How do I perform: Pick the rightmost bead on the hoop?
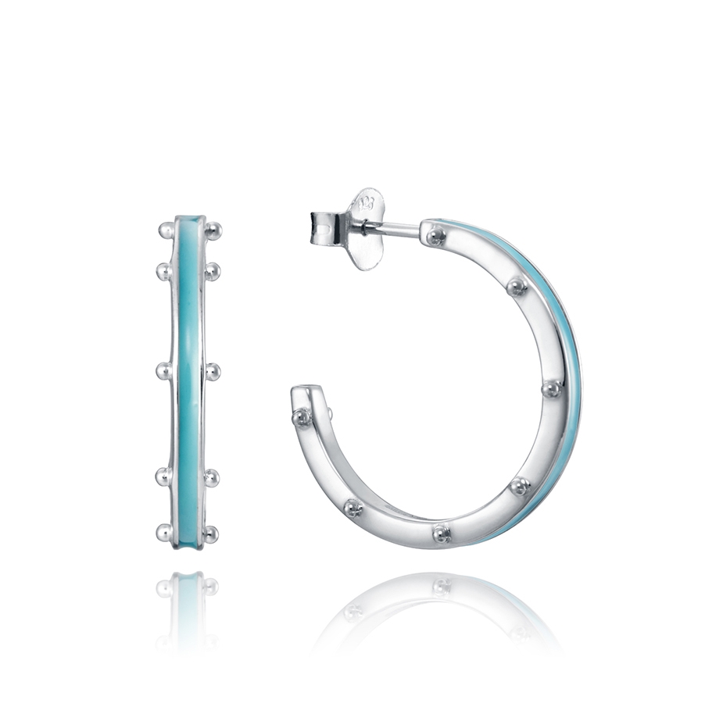click(552, 387)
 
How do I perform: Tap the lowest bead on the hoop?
click(441, 534)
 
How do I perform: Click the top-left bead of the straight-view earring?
click(166, 230)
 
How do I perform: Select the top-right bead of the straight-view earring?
click(213, 230)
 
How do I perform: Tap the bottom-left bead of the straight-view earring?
click(165, 533)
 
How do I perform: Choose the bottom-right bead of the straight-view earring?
click(211, 533)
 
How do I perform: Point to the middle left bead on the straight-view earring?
click(164, 371)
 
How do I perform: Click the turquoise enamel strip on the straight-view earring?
click(188, 375)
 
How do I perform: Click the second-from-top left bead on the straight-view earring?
click(164, 271)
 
